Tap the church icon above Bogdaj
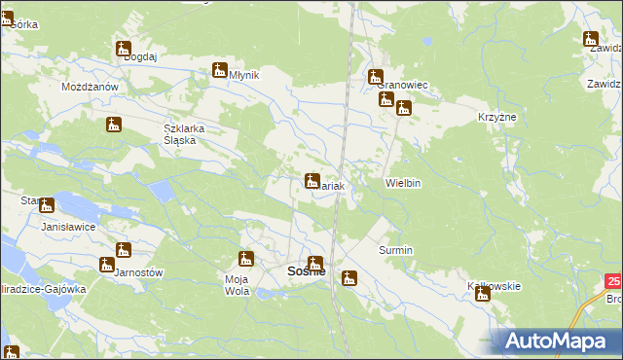coord(124,49)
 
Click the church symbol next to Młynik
coord(220,71)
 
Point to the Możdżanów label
coord(90,87)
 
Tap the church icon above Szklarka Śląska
coord(114,125)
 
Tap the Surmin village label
coord(395,250)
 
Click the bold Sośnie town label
coord(306,272)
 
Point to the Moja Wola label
coord(238,285)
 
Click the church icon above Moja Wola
coord(245,259)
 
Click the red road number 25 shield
coord(612,281)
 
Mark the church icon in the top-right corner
coord(590,40)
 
